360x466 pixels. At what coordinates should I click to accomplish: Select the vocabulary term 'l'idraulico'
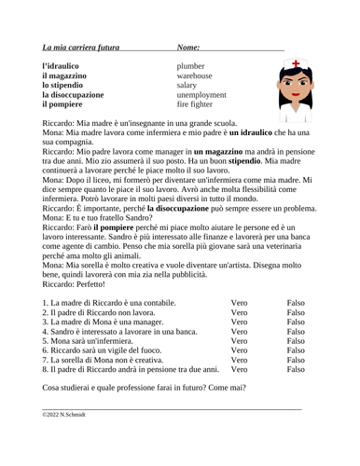pos(66,67)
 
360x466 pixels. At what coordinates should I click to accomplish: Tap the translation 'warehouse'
pos(199,81)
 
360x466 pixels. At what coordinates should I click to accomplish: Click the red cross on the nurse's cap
pos(284,63)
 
